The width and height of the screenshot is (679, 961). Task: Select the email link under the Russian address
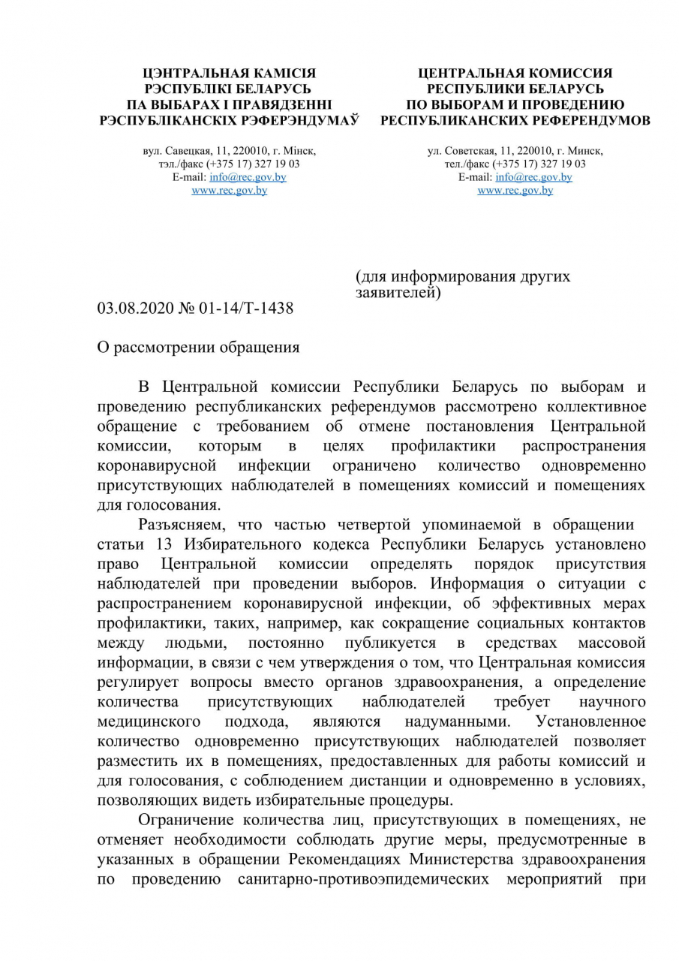[x=533, y=177]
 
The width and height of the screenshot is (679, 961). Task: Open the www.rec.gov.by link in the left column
[x=229, y=191]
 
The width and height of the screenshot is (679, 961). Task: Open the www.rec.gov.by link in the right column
[x=515, y=191]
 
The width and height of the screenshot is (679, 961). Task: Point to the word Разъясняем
[x=178, y=524]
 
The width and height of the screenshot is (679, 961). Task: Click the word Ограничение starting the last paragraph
[x=185, y=820]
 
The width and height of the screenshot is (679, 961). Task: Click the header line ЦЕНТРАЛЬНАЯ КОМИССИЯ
[x=515, y=74]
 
